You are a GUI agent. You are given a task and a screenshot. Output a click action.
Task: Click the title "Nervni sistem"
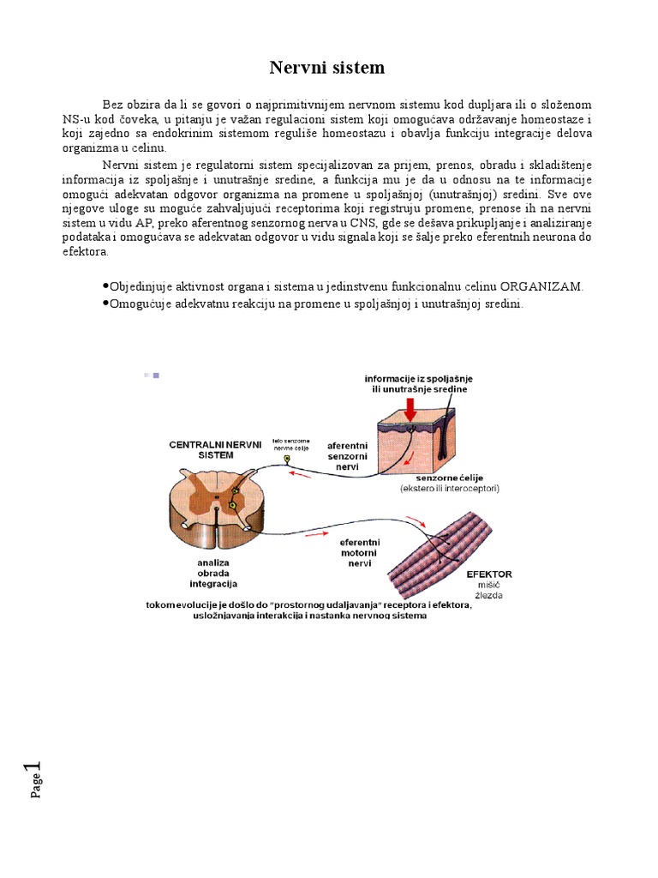pos(327,67)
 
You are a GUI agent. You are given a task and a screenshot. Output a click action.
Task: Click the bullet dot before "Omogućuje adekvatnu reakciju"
pos(105,304)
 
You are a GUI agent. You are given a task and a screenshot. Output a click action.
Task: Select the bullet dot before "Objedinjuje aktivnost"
pos(105,286)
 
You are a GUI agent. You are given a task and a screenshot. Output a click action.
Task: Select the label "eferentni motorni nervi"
pos(360,554)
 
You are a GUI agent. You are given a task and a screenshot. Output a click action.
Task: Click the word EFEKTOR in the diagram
pos(489,574)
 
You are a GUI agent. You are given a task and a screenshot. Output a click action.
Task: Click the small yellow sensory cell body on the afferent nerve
pos(287,460)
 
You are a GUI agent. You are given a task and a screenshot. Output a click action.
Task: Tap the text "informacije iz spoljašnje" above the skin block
pos(418,378)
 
